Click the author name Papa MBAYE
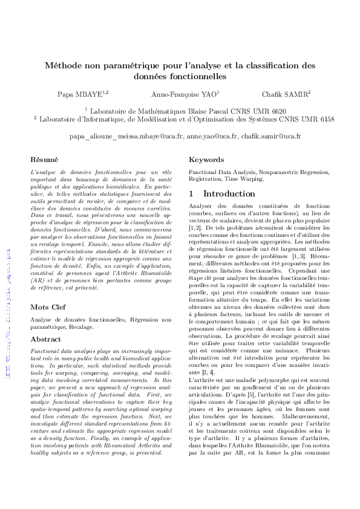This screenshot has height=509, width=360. tap(82, 94)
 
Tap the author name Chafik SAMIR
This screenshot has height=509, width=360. tap(286, 94)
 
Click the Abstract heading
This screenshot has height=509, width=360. tap(45, 339)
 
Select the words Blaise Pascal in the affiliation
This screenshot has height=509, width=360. tap(198, 111)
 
